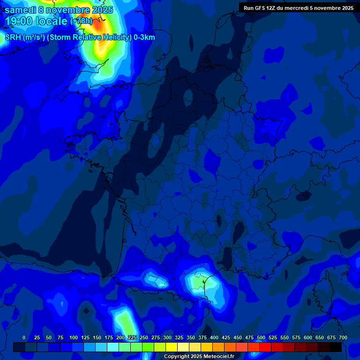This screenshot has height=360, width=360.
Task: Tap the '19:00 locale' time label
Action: (x=36, y=21)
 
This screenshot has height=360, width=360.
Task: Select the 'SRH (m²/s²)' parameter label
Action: (x=24, y=37)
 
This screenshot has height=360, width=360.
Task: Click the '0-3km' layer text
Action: (x=144, y=37)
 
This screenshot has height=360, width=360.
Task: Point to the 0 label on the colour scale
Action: (x=24, y=337)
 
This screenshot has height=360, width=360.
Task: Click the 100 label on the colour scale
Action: (x=73, y=337)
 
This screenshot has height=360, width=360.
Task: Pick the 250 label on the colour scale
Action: (x=144, y=337)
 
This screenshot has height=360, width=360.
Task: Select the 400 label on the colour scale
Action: (x=214, y=337)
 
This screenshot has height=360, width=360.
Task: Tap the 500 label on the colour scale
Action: (x=261, y=337)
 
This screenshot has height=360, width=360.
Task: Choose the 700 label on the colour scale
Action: (x=343, y=337)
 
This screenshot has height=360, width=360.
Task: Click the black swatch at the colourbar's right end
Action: (x=336, y=347)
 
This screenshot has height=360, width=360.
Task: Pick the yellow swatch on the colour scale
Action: (x=172, y=347)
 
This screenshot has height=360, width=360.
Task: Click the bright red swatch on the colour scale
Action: (x=265, y=347)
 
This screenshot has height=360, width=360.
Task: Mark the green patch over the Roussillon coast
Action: (x=200, y=282)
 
